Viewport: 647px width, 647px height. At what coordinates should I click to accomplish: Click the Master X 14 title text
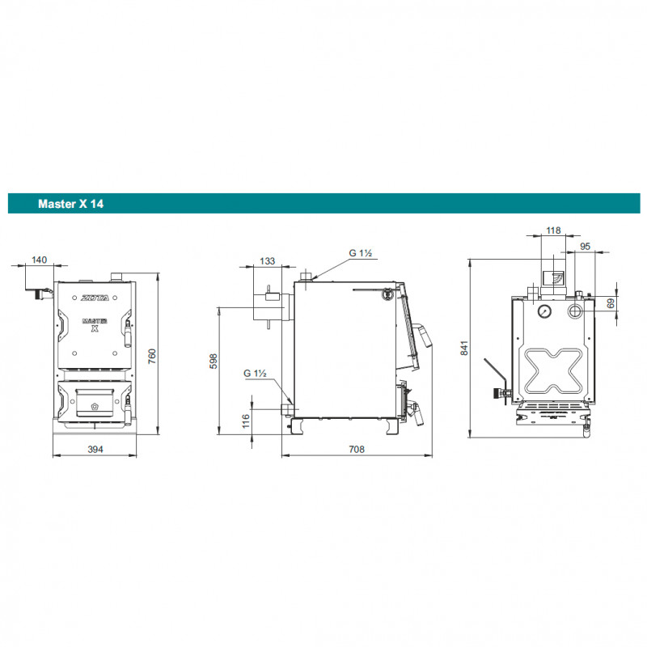(70, 204)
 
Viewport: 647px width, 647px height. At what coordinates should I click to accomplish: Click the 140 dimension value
(39, 260)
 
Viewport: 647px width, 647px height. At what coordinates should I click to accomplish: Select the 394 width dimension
(95, 450)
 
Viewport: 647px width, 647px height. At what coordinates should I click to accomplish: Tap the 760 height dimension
(152, 356)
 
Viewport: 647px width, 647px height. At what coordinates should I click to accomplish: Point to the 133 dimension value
(268, 261)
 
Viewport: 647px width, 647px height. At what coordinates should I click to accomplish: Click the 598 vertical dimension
(214, 361)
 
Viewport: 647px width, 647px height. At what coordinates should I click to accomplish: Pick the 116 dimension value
(246, 421)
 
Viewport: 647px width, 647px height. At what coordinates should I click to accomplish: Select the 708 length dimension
(357, 450)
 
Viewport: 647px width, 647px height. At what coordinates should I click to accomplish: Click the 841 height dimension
(464, 348)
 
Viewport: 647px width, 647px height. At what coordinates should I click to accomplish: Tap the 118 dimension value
(553, 230)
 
